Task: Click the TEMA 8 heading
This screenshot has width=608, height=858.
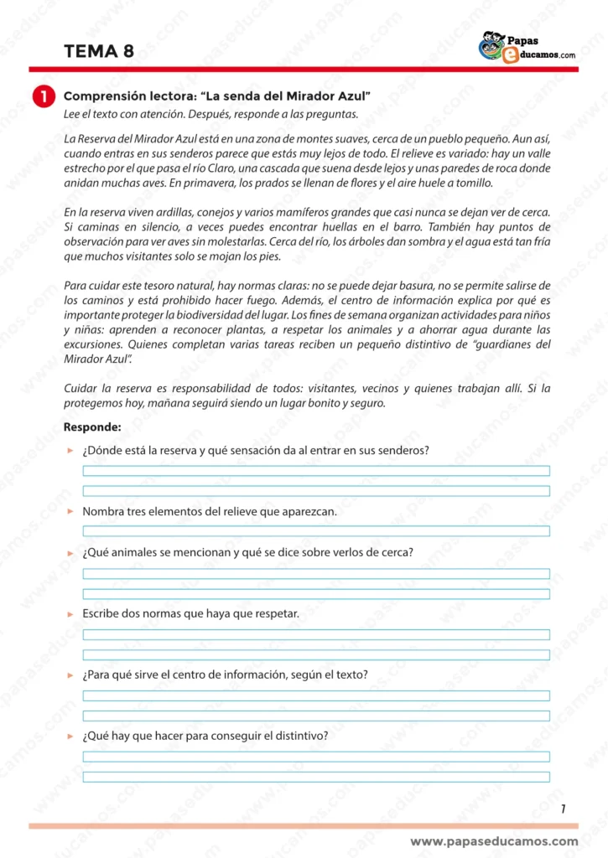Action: pos(99,52)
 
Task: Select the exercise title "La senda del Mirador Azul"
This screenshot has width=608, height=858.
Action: pos(218,96)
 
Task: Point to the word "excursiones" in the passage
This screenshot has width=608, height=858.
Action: pos(94,344)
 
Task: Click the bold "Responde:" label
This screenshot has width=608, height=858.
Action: pos(92,427)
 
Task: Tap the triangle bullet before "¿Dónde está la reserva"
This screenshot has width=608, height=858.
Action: pos(70,451)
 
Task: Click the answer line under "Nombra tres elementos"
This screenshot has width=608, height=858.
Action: pos(316,531)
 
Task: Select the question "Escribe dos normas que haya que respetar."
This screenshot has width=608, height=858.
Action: pos(190,613)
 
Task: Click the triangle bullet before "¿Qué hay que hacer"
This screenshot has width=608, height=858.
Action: pos(70,737)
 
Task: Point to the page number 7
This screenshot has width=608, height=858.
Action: pos(563,809)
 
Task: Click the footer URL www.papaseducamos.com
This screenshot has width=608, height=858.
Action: pos(494,841)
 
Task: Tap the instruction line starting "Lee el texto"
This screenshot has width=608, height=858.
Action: pos(210,114)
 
